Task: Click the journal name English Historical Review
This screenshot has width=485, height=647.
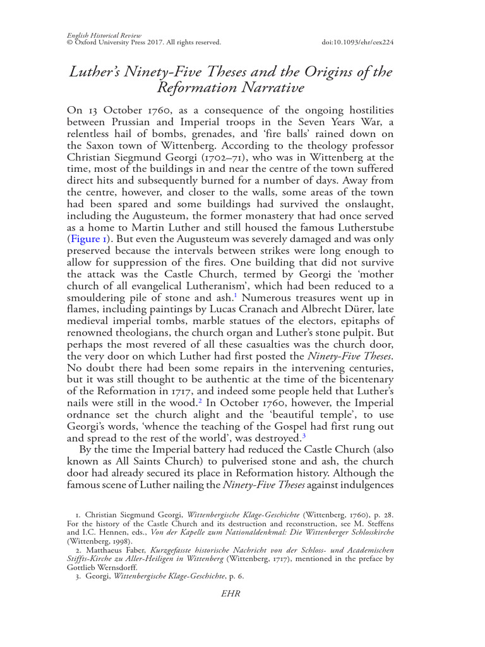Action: (104, 35)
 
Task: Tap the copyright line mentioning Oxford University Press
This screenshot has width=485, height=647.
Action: (143, 42)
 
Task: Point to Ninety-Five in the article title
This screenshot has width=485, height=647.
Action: (166, 71)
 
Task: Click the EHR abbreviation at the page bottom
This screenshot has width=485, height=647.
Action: (228, 594)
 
